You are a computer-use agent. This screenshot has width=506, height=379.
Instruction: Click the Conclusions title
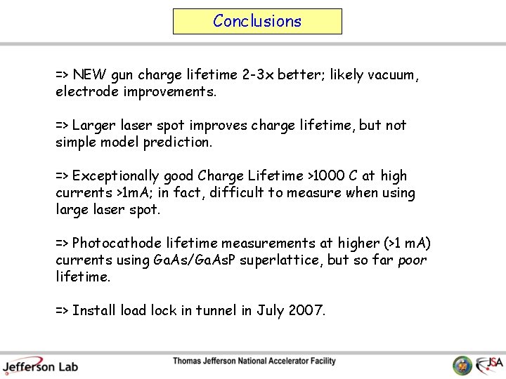point(257,21)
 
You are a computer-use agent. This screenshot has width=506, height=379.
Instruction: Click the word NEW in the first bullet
point(88,75)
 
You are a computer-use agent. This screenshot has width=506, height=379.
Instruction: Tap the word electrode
point(87,92)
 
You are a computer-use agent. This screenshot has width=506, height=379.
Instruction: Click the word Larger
point(94,126)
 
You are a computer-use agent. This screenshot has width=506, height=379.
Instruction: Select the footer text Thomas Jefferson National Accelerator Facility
point(254,361)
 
